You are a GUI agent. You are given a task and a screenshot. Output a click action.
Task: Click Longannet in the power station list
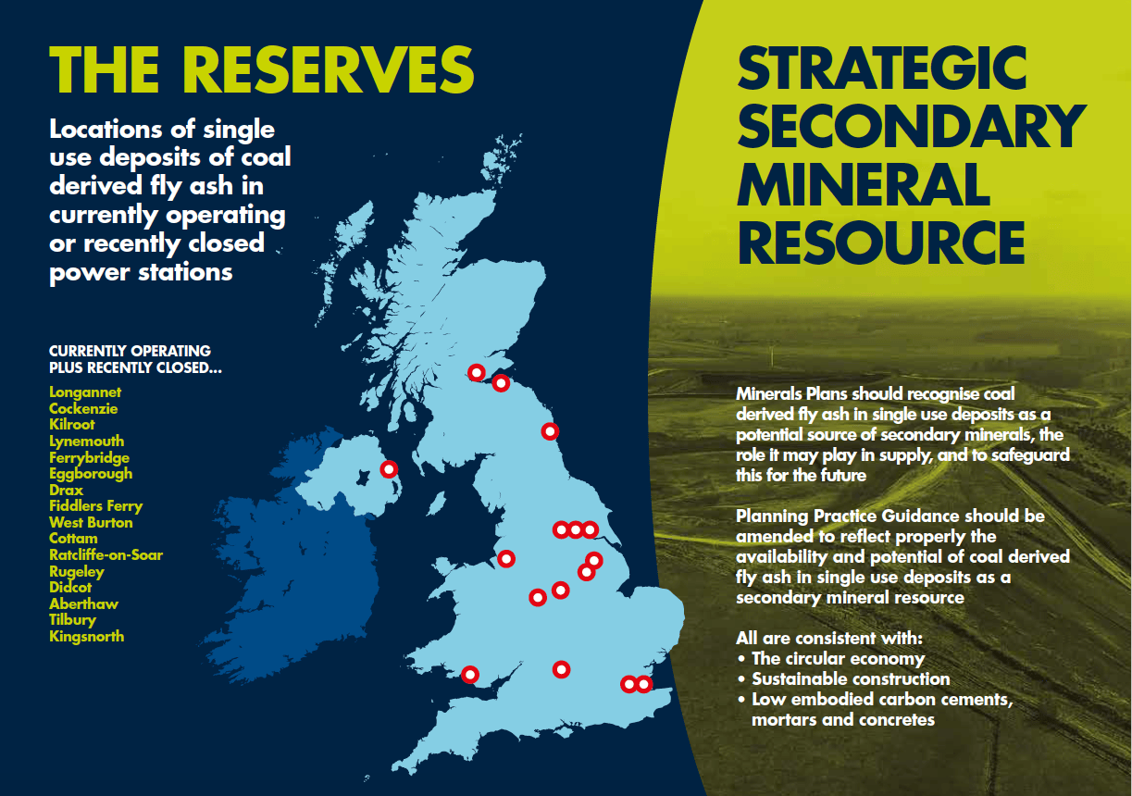pos(85,392)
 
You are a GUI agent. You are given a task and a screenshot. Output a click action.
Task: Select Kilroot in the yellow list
pos(72,425)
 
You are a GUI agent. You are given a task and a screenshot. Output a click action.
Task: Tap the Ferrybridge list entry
pos(89,458)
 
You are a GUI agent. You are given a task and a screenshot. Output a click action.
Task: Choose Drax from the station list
pos(66,491)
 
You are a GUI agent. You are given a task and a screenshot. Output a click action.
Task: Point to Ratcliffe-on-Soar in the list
pos(106,555)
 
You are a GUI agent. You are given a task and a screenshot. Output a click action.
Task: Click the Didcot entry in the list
pos(70,587)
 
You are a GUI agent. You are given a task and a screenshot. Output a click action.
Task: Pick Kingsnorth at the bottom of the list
pos(86,636)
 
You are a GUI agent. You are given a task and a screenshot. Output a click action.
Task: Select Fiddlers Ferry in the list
pos(95,506)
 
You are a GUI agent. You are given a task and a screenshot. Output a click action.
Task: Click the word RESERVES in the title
pos(328,70)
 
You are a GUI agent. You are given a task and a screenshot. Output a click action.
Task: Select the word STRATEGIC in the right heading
pos(882,68)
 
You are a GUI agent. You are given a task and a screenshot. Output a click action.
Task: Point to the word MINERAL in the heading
pos(864,184)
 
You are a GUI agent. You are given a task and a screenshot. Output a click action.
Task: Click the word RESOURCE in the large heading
pos(881,243)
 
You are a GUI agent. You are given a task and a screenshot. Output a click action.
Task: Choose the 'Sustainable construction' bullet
pos(851,679)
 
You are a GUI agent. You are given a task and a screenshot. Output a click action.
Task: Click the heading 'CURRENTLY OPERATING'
pos(130,351)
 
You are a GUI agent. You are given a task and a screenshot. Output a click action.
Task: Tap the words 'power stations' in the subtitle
pos(141,273)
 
